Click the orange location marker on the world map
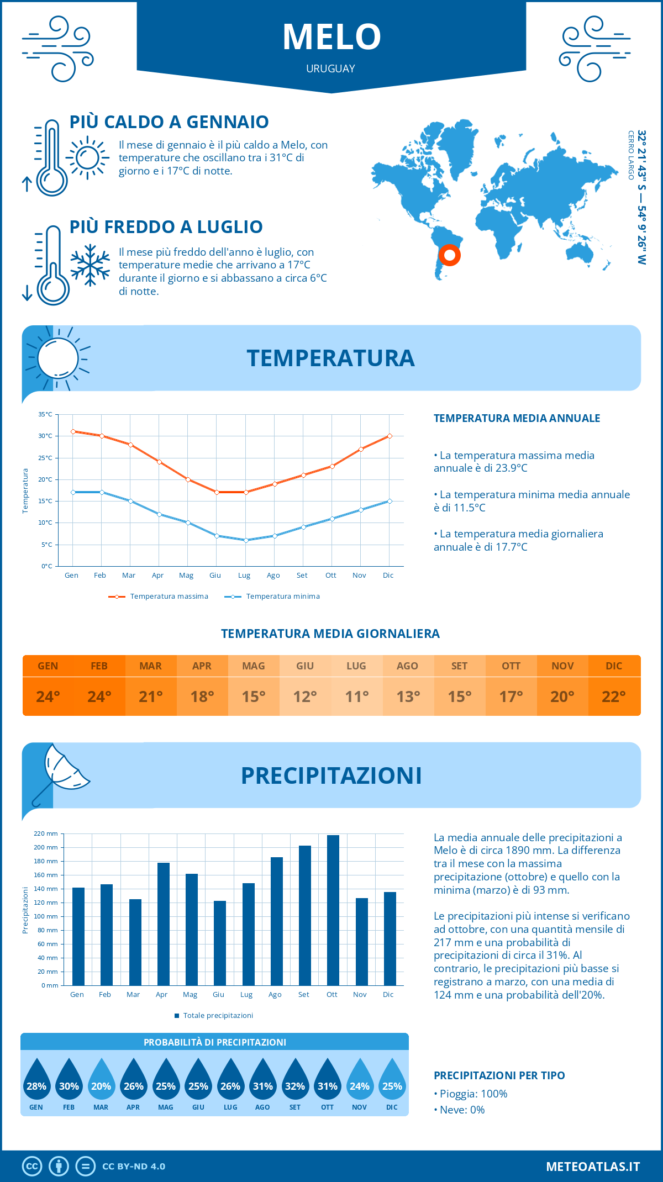[450, 255]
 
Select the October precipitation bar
[333, 910]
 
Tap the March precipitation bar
[135, 942]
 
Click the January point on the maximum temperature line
[73, 431]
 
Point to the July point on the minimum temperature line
[246, 540]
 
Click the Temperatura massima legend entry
[159, 597]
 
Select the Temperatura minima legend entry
[272, 597]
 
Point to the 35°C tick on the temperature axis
[45, 414]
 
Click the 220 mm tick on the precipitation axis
[46, 833]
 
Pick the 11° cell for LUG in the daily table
[356, 696]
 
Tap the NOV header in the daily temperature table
[562, 666]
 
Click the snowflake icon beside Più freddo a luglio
[90, 265]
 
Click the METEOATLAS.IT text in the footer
[592, 1167]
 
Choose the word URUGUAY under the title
[330, 68]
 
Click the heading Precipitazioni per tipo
[499, 1075]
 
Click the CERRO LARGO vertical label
[630, 155]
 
